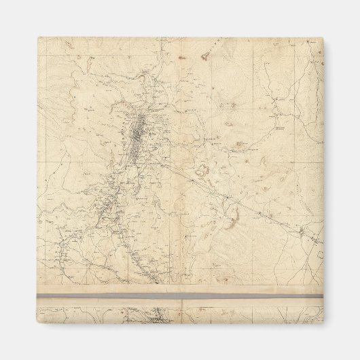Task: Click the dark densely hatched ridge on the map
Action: (x=141, y=129)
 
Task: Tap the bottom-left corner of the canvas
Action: (x=38, y=321)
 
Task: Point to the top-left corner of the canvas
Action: (x=38, y=38)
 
